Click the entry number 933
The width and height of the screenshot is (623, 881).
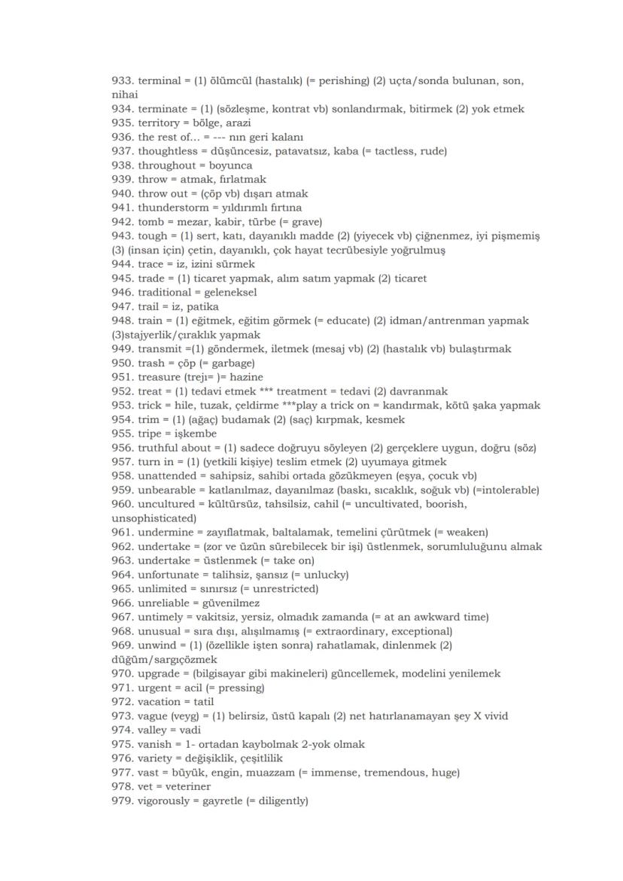pos(122,81)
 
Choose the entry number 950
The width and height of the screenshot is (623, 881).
pos(122,363)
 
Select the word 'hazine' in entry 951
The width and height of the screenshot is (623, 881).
pos(242,377)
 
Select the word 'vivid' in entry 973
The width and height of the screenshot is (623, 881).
pos(494,715)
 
